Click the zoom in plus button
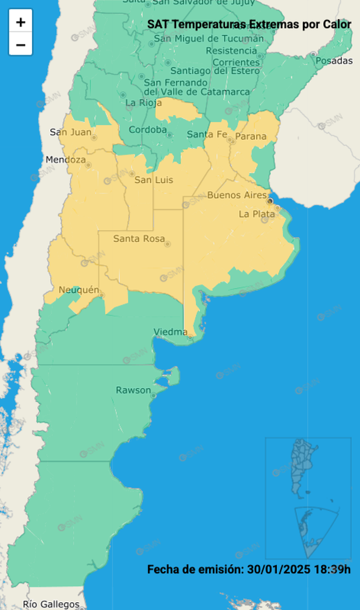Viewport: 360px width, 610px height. [x=21, y=22]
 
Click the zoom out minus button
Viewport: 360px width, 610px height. [x=21, y=44]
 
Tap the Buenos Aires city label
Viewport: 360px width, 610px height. [x=236, y=195]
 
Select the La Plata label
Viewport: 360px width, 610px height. [x=257, y=214]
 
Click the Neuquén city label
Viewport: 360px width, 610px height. [x=79, y=290]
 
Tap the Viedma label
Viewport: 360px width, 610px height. [x=171, y=332]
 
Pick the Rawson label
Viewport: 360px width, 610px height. [x=133, y=390]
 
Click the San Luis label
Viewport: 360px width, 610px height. [x=154, y=179]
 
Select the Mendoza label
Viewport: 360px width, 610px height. [x=66, y=160]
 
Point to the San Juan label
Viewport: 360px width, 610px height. [x=70, y=132]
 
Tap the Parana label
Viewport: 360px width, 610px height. [x=251, y=136]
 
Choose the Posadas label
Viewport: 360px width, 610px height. [x=334, y=60]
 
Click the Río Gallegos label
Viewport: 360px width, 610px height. [x=51, y=604]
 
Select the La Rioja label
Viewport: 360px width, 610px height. [x=140, y=103]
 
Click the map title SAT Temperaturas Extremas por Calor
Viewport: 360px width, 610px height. [x=249, y=24]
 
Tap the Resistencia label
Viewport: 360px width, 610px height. [x=232, y=51]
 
